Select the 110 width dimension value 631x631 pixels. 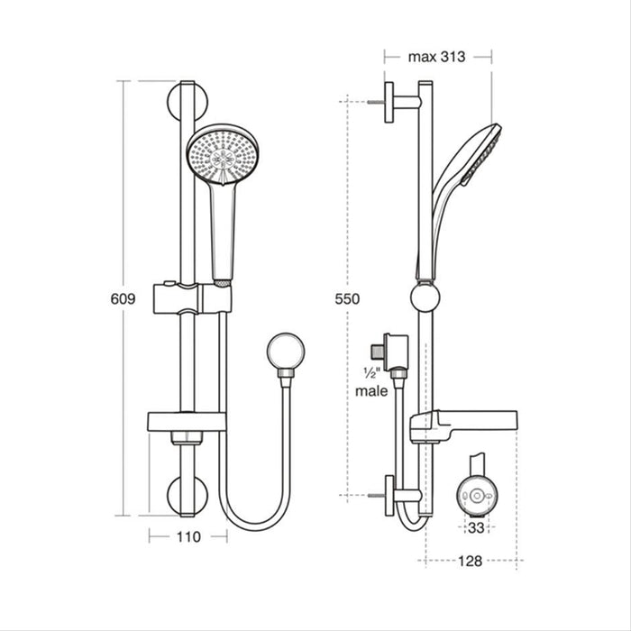[187, 535]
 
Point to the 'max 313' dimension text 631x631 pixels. [436, 57]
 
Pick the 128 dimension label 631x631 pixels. [470, 560]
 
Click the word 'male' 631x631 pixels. [371, 391]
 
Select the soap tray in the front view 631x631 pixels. [185, 421]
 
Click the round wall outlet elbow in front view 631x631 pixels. [286, 351]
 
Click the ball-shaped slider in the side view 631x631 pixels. [425, 297]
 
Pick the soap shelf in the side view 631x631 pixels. [463, 423]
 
